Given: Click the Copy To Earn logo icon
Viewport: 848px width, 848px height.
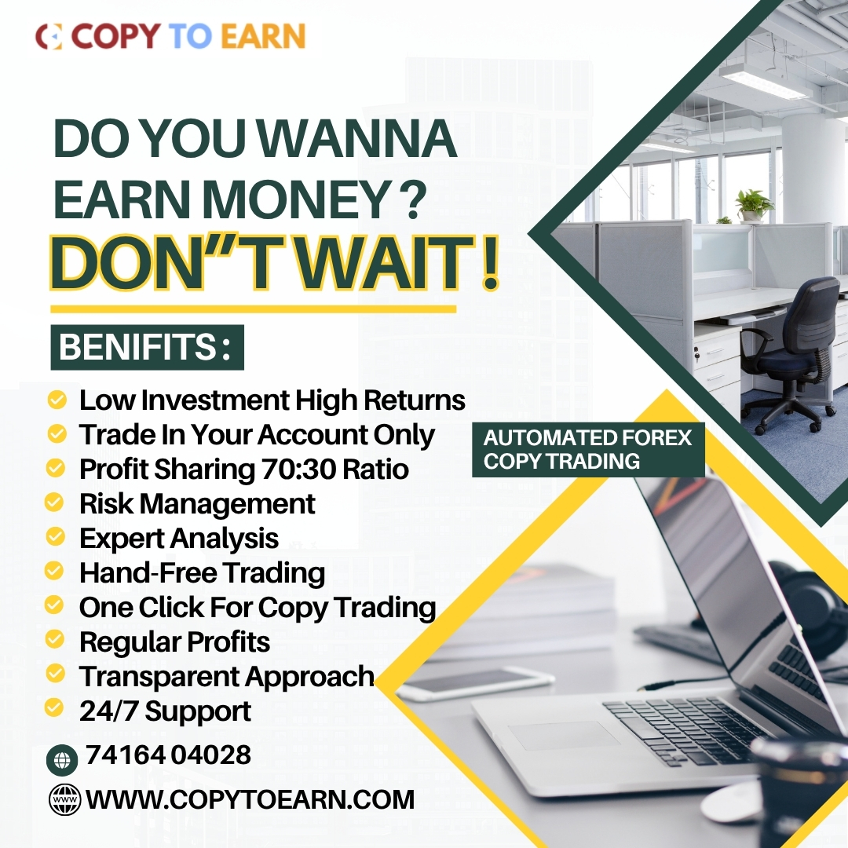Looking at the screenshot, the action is [x=49, y=36].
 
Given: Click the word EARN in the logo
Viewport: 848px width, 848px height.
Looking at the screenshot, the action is [x=263, y=36].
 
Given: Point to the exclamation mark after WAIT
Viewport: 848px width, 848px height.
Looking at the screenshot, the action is [x=489, y=263].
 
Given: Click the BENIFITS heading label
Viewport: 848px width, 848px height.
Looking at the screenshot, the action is [x=147, y=347].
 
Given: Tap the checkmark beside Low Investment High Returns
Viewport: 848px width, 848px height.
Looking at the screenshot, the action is [x=57, y=400].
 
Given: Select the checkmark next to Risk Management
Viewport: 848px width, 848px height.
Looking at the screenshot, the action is [x=54, y=502].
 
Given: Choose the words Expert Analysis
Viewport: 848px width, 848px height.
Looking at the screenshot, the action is [x=179, y=539].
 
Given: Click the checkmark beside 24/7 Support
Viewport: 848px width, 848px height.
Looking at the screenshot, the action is [x=54, y=707].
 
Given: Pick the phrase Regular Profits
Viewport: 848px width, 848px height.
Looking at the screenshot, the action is [x=174, y=642].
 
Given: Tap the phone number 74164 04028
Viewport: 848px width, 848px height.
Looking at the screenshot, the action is [x=168, y=755].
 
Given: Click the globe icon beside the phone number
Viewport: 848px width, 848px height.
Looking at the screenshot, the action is [x=62, y=760].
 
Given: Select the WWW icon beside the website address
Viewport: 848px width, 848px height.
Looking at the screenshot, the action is [x=65, y=799].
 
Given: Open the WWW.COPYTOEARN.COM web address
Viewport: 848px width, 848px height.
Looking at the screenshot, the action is [x=250, y=800].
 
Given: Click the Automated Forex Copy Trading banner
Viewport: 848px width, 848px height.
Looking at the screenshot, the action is [x=588, y=449].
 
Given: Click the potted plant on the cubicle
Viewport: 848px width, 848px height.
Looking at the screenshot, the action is [x=755, y=206].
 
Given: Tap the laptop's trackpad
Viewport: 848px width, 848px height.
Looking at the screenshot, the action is [x=564, y=736].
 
